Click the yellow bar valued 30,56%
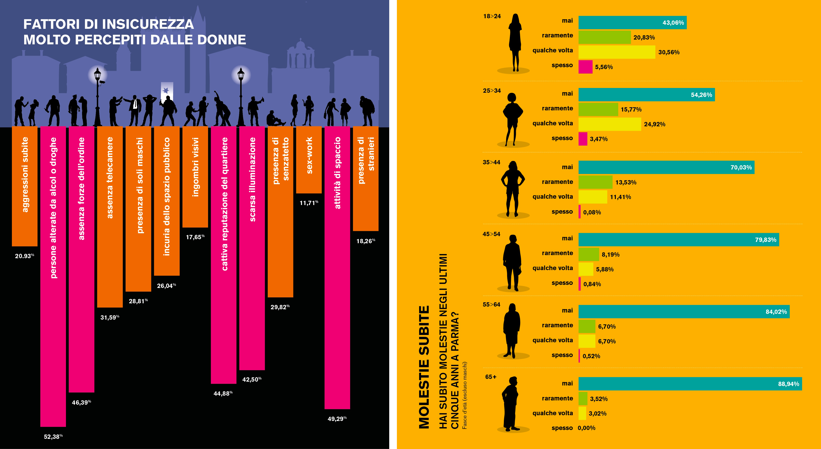pos(617,52)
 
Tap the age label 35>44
pos(491,162)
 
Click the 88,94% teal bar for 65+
pos(690,384)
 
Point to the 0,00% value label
pos(587,428)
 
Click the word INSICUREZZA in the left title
pos(148,24)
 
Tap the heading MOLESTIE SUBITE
pos(424,367)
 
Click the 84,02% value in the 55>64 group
pos(776,312)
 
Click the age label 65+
pos(491,377)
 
